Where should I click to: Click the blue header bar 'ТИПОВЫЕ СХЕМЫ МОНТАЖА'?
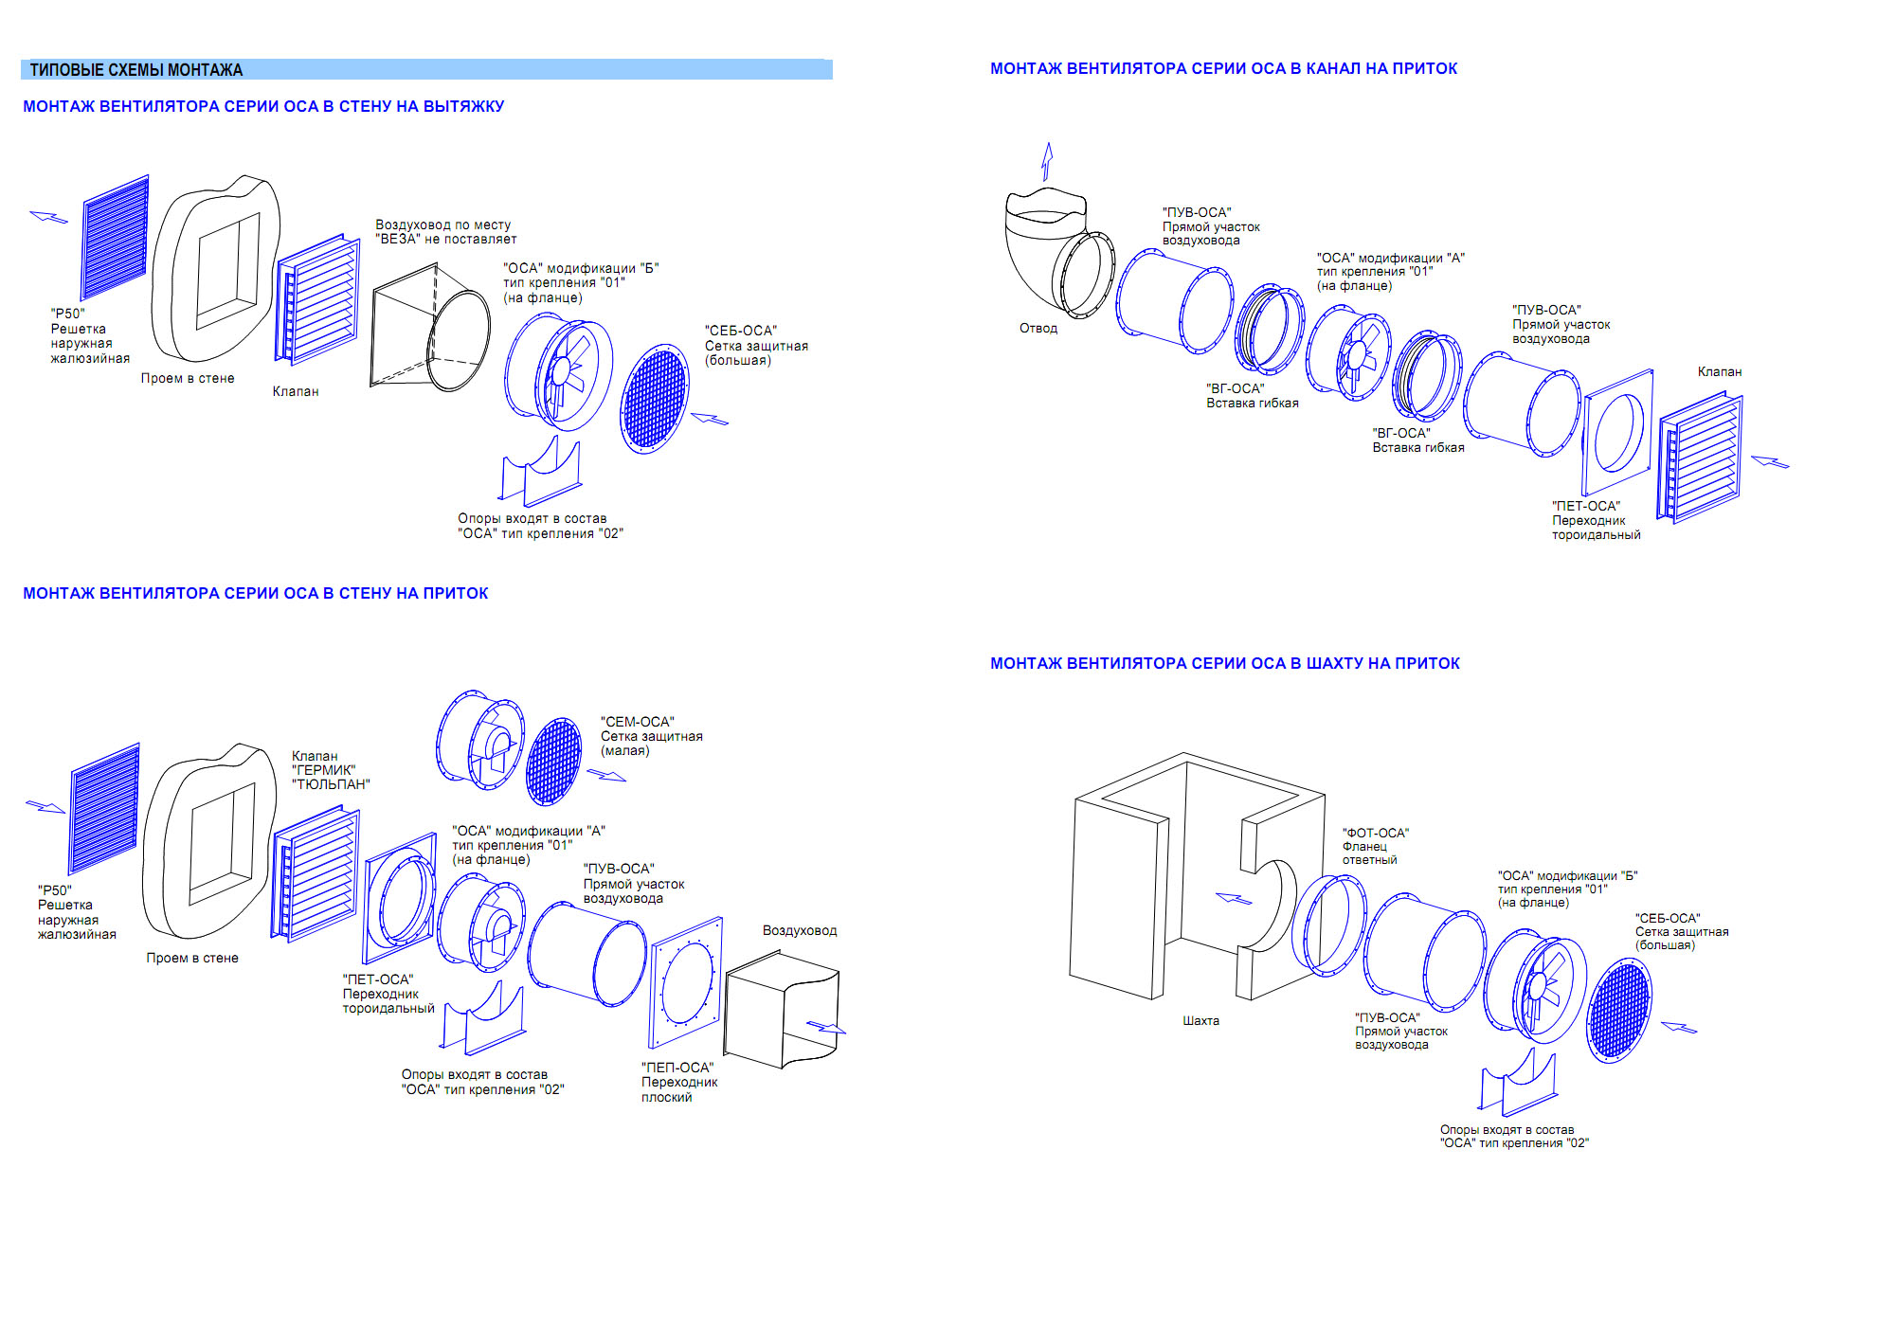pyautogui.click(x=426, y=69)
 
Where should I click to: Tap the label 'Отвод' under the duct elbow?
pyautogui.click(x=1038, y=329)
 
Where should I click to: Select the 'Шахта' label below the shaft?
pyautogui.click(x=1200, y=1021)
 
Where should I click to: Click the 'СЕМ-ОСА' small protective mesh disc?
pyautogui.click(x=553, y=761)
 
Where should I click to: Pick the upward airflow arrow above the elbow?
pyautogui.click(x=1047, y=161)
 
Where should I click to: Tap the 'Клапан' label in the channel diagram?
pyautogui.click(x=1719, y=372)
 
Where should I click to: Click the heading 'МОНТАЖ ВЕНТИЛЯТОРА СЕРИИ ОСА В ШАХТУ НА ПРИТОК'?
pyautogui.click(x=1224, y=663)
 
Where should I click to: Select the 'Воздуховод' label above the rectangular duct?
pyautogui.click(x=799, y=930)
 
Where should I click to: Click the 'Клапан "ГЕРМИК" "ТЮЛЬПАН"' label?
pyautogui.click(x=330, y=770)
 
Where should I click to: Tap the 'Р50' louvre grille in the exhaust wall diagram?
pyautogui.click(x=116, y=237)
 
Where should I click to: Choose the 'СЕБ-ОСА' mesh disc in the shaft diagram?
pyautogui.click(x=1618, y=1010)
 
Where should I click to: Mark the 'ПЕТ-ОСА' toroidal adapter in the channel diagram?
pyautogui.click(x=1618, y=431)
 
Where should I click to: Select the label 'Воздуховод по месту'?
pyautogui.click(x=445, y=232)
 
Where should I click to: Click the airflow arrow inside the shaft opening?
pyautogui.click(x=1233, y=898)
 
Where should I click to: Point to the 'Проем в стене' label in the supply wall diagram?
pyautogui.click(x=192, y=958)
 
